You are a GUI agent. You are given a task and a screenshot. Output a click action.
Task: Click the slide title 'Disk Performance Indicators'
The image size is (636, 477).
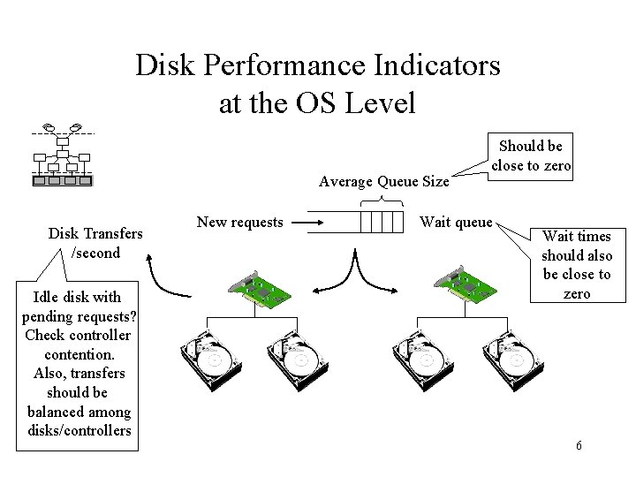coord(317,65)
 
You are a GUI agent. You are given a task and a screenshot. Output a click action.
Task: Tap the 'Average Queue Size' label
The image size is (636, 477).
coord(383,182)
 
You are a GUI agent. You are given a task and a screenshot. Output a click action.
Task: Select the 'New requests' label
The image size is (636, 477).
coord(239,223)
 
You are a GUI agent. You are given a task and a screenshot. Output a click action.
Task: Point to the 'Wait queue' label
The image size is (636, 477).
coord(456,223)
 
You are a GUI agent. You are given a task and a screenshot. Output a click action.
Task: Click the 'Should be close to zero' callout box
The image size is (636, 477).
coord(531,155)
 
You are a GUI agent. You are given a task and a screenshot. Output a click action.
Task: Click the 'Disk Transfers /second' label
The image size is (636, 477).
coord(95,243)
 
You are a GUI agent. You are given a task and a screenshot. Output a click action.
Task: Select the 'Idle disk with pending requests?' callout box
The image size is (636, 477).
coord(78,363)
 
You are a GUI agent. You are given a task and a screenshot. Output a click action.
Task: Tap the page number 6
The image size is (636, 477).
coord(579,445)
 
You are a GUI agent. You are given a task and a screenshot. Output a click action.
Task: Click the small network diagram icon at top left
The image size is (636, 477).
coord(62,155)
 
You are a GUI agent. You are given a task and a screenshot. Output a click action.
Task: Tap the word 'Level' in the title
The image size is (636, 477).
coord(380,103)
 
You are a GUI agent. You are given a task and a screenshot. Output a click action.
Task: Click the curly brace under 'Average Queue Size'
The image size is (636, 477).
coord(379,201)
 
